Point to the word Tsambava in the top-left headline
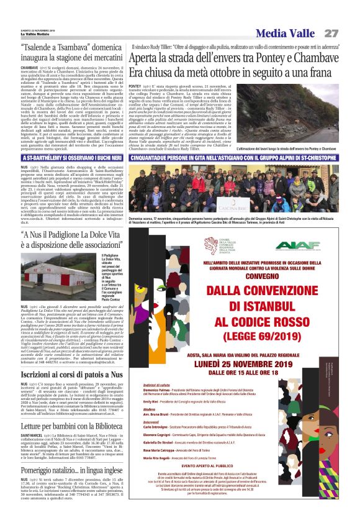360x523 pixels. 88,47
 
